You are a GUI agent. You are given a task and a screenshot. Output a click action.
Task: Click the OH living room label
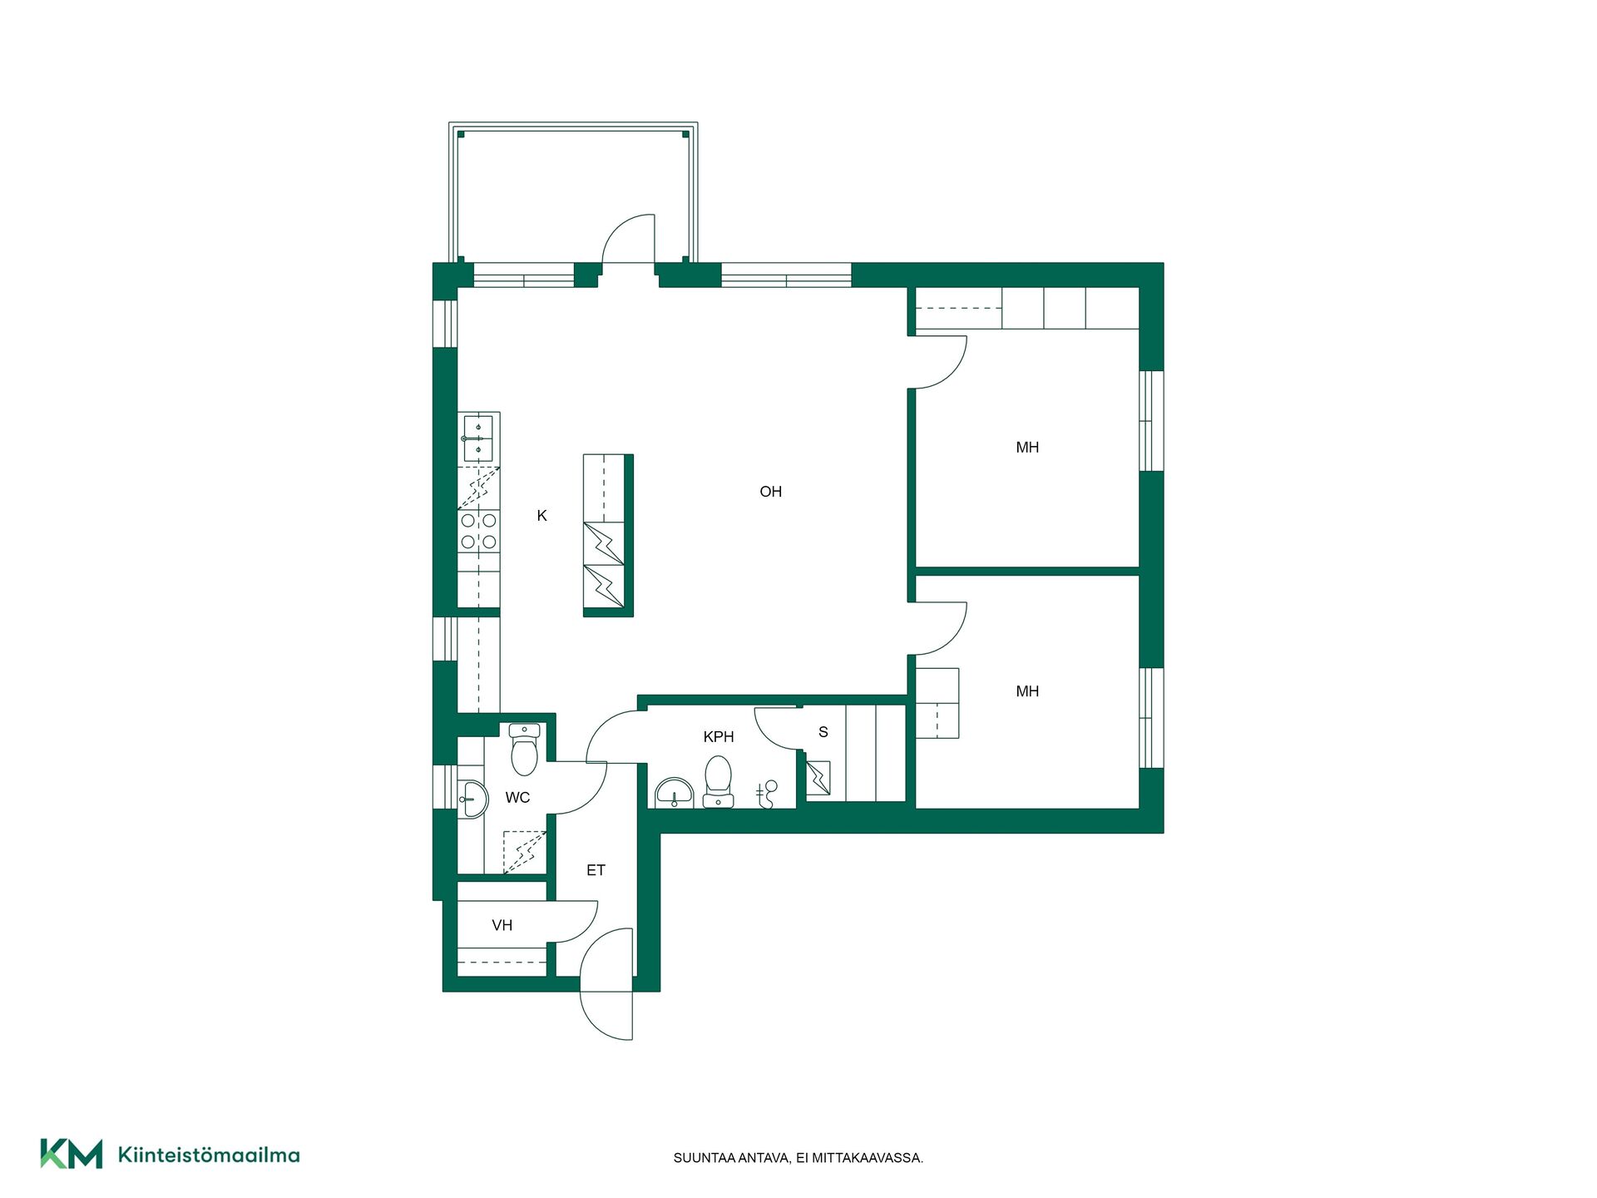(x=770, y=492)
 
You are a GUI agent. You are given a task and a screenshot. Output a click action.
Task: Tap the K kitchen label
(x=541, y=516)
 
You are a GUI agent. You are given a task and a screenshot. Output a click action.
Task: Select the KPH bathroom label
(x=719, y=736)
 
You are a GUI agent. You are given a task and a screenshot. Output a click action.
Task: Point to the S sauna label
(x=823, y=732)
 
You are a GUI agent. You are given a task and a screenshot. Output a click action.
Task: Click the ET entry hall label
(x=596, y=870)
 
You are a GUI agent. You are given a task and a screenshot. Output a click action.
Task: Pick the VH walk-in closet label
(x=502, y=925)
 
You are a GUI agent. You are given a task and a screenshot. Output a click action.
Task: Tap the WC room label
(x=517, y=798)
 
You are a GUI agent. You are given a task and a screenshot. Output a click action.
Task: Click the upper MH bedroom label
(x=1027, y=448)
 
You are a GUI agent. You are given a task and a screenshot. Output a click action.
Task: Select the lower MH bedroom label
(x=1027, y=691)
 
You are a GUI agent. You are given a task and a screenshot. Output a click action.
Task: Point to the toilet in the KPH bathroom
(x=718, y=781)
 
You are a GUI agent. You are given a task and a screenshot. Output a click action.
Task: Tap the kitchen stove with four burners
(x=478, y=532)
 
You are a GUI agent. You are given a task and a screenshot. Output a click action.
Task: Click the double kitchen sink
(x=478, y=438)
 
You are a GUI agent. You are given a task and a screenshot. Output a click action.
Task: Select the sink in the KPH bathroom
(x=674, y=794)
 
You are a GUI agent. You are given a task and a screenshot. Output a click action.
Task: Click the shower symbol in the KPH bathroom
(x=767, y=795)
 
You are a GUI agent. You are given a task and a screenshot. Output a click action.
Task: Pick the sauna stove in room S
(x=818, y=779)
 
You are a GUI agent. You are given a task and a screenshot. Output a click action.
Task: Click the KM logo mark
(x=72, y=1153)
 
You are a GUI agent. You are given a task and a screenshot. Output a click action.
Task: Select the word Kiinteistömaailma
(x=209, y=1155)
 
